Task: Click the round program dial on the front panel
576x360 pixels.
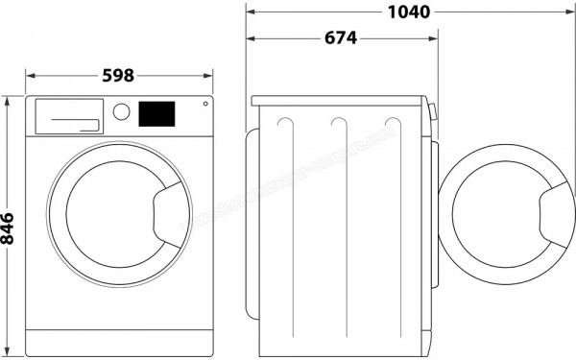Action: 121,111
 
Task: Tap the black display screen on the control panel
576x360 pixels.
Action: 156,112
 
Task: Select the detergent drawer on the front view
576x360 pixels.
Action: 68,115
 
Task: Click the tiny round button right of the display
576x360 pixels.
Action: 204,106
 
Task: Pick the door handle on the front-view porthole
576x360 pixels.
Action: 170,206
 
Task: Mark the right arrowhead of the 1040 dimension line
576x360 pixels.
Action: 568,12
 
